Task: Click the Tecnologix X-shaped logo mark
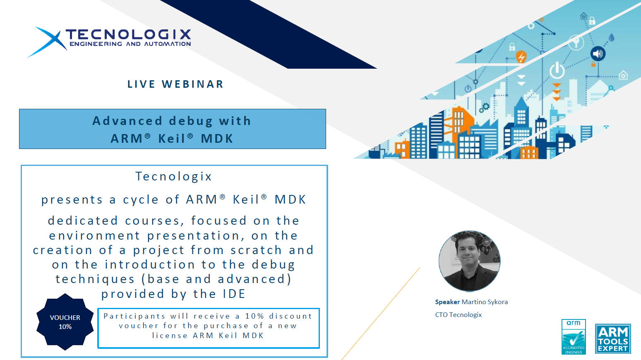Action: pyautogui.click(x=47, y=42)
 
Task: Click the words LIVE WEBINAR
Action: pyautogui.click(x=175, y=84)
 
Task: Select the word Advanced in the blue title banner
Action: pyautogui.click(x=127, y=121)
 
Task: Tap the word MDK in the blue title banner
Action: pyautogui.click(x=217, y=139)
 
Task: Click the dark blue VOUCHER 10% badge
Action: pyautogui.click(x=65, y=322)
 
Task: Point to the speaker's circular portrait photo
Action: pyautogui.click(x=469, y=261)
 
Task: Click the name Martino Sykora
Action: pyautogui.click(x=485, y=302)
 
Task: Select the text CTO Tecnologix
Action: pyautogui.click(x=459, y=315)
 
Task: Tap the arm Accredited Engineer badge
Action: pyautogui.click(x=574, y=337)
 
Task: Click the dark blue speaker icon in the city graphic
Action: pyautogui.click(x=598, y=53)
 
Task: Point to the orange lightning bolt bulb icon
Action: pyautogui.click(x=521, y=57)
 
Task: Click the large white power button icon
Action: pyautogui.click(x=557, y=70)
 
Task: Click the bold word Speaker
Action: pyautogui.click(x=447, y=302)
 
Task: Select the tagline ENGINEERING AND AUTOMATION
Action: pyautogui.click(x=130, y=44)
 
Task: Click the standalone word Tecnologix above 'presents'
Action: pyautogui.click(x=173, y=176)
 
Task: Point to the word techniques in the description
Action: pyautogui.click(x=95, y=279)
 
